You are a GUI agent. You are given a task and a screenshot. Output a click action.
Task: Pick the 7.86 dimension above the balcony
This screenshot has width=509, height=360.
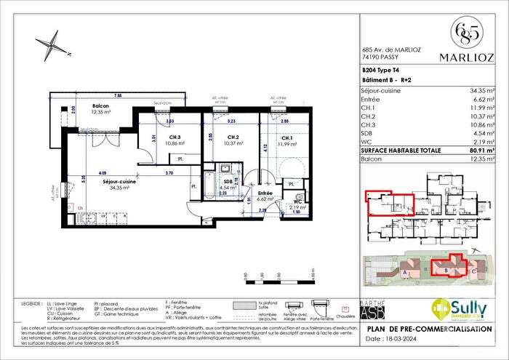(118, 95)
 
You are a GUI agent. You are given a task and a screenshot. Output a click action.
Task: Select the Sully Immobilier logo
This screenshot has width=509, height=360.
(460, 310)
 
